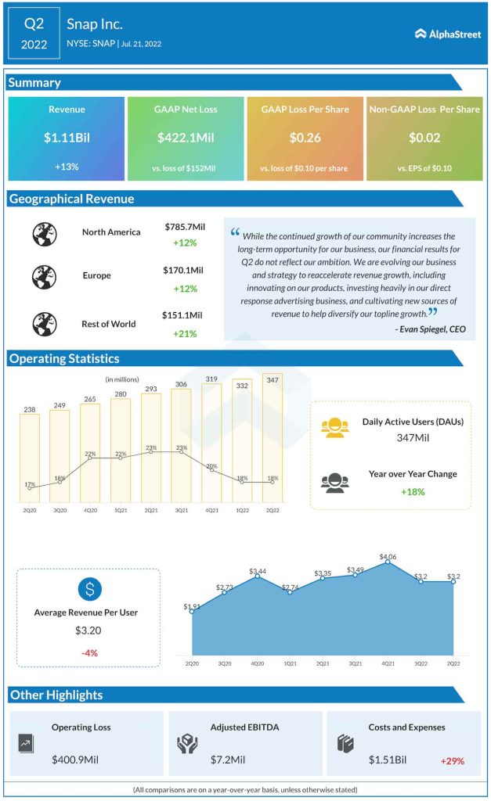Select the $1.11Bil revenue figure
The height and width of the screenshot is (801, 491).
click(x=67, y=138)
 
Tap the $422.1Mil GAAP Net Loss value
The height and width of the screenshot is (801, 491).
click(x=186, y=138)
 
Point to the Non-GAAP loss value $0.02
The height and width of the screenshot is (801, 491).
click(x=424, y=138)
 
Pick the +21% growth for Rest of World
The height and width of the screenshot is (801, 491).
click(x=184, y=334)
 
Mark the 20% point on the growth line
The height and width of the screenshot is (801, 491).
click(x=212, y=473)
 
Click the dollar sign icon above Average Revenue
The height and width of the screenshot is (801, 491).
click(x=88, y=588)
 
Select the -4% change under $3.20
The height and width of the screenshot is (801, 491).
click(x=88, y=653)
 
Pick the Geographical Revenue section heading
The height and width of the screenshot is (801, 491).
click(x=72, y=199)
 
